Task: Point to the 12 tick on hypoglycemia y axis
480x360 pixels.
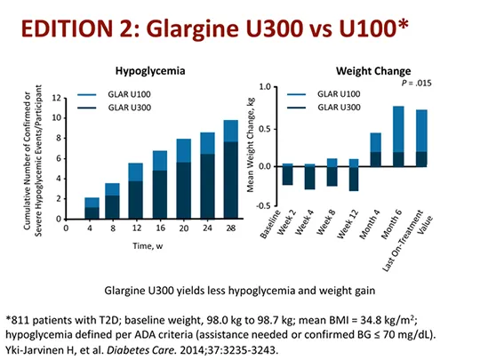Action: (x=55, y=97)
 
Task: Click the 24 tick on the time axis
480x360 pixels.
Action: (x=206, y=228)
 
